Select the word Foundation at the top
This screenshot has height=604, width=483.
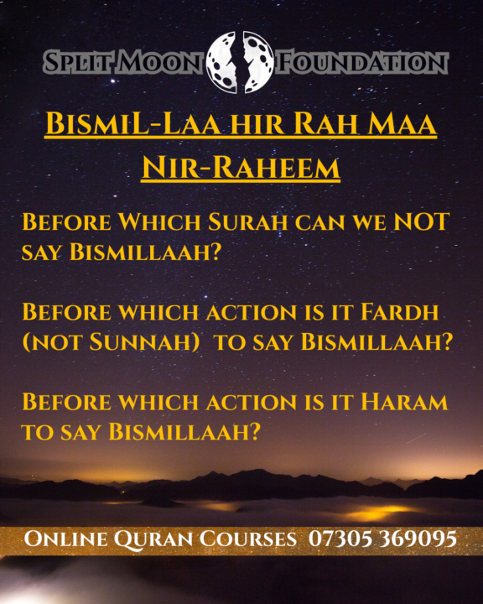[361, 61]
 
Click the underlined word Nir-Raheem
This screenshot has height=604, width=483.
[241, 168]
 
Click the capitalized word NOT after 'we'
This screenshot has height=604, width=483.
[418, 223]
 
